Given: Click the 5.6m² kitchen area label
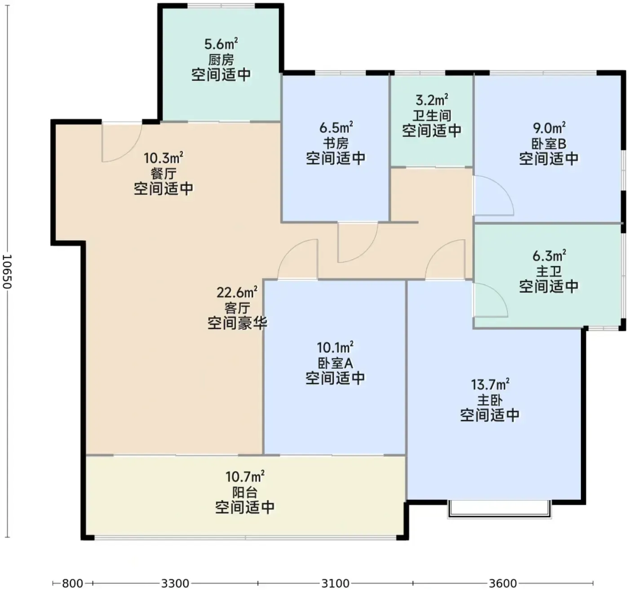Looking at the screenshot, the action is pyautogui.click(x=221, y=44).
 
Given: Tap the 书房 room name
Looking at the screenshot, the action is pyautogui.click(x=336, y=143).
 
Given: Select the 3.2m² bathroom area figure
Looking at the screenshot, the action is pyautogui.click(x=432, y=100).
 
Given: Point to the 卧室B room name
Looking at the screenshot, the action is pyautogui.click(x=549, y=144).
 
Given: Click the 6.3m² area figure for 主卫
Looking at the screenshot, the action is pyautogui.click(x=549, y=256).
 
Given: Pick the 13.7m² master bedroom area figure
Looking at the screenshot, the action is pyautogui.click(x=490, y=385).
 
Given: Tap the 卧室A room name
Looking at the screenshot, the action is pyautogui.click(x=335, y=363).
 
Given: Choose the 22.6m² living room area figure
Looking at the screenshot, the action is pyautogui.click(x=237, y=293).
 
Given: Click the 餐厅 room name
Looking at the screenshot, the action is pyautogui.click(x=164, y=173).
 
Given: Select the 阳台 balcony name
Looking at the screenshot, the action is pyautogui.click(x=245, y=492).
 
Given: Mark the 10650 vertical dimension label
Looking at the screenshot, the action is pyautogui.click(x=7, y=272).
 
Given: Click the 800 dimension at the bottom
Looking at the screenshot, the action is pyautogui.click(x=72, y=583).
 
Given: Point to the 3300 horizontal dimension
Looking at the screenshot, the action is pyautogui.click(x=175, y=583).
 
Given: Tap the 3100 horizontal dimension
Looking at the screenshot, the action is pyautogui.click(x=336, y=583).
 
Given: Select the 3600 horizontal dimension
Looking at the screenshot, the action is pyautogui.click(x=503, y=583).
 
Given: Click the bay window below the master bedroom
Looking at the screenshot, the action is pyautogui.click(x=500, y=509).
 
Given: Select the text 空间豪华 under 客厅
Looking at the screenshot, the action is pyautogui.click(x=237, y=323).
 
